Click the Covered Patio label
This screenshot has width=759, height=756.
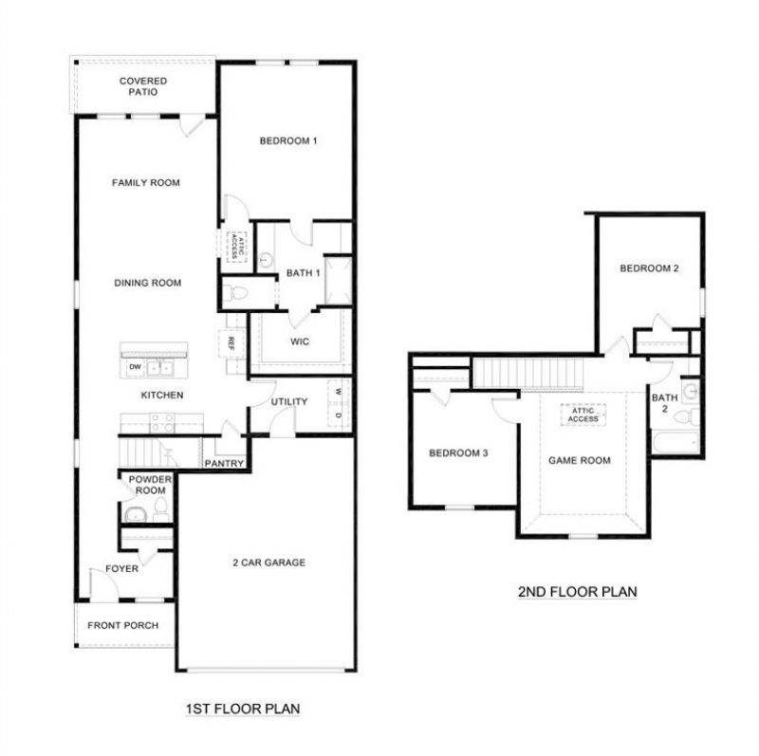(x=143, y=86)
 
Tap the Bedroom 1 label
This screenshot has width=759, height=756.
(x=288, y=140)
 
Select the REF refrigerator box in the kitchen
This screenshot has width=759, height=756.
(x=231, y=343)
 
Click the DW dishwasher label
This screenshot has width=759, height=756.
(x=135, y=367)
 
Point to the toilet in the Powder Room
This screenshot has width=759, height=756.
(x=160, y=509)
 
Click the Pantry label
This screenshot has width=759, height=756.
(x=224, y=463)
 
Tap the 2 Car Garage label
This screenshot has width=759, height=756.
(x=269, y=562)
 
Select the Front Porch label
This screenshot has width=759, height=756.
(x=123, y=625)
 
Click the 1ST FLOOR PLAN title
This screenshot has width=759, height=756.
(x=243, y=709)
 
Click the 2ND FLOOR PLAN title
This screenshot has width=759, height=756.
(x=578, y=592)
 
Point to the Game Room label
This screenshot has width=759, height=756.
(x=580, y=460)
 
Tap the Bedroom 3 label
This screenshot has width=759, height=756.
(x=458, y=453)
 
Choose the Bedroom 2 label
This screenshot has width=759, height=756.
(x=649, y=268)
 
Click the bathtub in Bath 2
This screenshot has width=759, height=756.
(x=676, y=442)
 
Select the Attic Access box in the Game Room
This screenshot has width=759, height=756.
(x=583, y=415)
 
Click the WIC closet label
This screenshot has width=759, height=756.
(x=300, y=341)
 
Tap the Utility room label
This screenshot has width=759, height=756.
(x=289, y=401)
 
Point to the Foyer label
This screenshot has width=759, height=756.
(x=122, y=569)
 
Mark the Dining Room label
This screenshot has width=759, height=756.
(x=148, y=283)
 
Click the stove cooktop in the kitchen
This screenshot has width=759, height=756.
(x=162, y=422)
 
